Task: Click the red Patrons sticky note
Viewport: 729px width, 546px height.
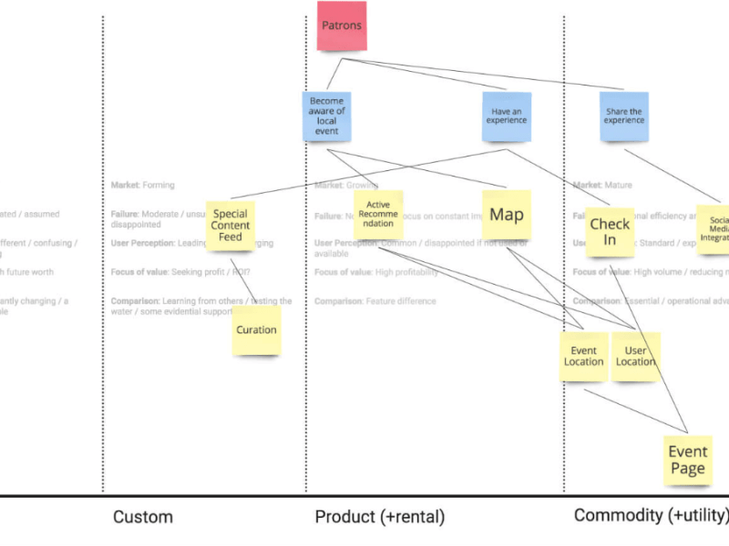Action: click(342, 25)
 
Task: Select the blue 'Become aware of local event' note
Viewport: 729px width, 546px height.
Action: click(326, 116)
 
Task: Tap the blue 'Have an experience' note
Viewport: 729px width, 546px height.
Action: click(506, 116)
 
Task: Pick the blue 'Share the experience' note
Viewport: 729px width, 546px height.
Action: click(624, 116)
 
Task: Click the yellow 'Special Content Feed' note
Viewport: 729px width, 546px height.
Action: click(230, 225)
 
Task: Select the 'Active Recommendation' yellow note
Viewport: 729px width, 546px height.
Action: click(377, 215)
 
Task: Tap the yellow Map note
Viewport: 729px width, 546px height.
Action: click(507, 215)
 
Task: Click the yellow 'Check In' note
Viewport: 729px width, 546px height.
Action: click(610, 232)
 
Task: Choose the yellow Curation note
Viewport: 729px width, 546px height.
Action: click(256, 329)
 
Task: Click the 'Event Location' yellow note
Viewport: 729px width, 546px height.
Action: click(583, 356)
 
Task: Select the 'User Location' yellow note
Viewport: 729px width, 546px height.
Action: click(635, 356)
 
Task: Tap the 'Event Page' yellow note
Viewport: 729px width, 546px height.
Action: click(687, 460)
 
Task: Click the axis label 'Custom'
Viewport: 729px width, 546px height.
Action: click(142, 517)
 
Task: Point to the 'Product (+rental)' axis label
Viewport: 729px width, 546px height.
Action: click(379, 517)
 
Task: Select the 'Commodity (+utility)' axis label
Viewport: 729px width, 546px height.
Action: click(651, 516)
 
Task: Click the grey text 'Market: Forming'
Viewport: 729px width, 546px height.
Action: click(142, 185)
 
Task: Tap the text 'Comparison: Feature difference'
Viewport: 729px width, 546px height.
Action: click(375, 301)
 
